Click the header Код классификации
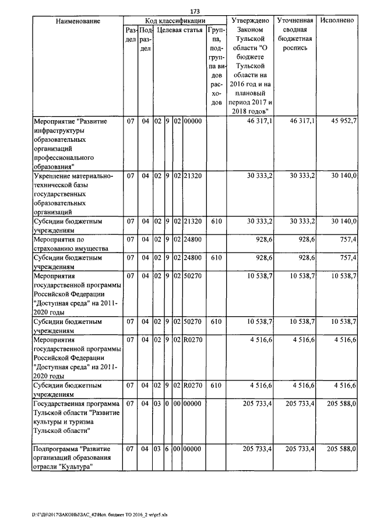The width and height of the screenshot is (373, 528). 174,20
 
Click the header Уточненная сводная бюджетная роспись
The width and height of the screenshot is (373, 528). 295,34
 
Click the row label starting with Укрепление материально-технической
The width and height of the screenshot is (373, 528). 73,193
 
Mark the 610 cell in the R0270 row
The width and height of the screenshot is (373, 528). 216,385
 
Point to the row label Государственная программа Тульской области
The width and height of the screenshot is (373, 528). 76,417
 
